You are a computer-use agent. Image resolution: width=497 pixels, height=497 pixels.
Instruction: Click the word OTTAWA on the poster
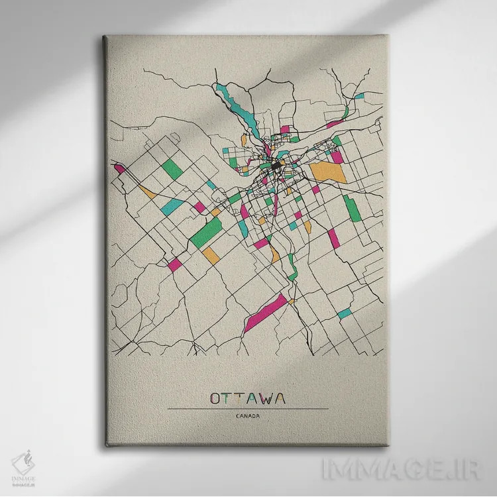click(x=247, y=398)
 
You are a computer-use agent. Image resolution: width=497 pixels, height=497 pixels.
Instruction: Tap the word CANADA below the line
click(x=247, y=416)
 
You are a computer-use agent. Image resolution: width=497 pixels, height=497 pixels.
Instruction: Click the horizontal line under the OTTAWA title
click(x=247, y=409)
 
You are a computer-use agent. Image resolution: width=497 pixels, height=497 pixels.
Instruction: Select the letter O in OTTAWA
click(x=215, y=398)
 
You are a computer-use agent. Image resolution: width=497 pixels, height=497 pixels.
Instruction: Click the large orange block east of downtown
click(x=328, y=172)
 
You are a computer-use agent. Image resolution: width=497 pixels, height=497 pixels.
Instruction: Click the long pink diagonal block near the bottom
click(x=266, y=313)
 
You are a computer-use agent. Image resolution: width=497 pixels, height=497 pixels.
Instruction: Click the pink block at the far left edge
click(x=119, y=168)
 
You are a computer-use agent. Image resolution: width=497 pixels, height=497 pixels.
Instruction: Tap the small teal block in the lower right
click(x=344, y=313)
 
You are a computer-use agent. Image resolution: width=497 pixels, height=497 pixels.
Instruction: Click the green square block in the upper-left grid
click(x=172, y=169)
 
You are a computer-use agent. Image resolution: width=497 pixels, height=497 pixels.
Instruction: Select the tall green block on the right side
click(x=353, y=208)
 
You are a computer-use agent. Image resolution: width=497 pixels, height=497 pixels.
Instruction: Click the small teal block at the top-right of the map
click(x=359, y=96)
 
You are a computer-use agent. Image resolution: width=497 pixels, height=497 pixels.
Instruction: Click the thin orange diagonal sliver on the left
click(x=147, y=192)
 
